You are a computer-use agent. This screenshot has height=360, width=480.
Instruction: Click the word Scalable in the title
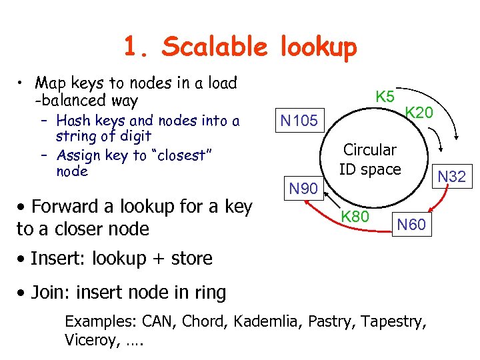215,47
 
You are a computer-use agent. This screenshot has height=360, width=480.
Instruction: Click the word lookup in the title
319,48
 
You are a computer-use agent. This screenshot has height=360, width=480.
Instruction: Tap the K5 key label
385,97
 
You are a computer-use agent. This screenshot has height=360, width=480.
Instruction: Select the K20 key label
419,113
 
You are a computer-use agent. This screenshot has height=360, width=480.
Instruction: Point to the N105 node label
299,121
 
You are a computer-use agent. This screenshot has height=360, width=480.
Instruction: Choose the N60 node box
411,225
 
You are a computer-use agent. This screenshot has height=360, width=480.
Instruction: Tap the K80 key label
355,217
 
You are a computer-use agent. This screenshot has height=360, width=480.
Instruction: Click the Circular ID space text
370,159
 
